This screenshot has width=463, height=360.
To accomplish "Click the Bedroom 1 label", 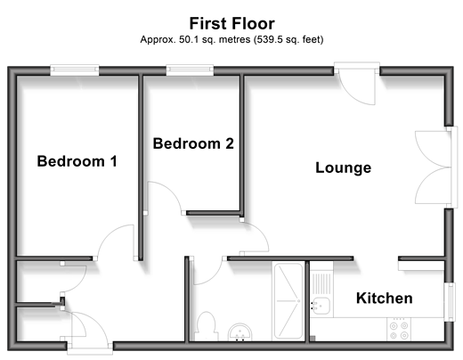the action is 77,161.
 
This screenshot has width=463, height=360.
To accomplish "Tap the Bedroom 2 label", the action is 193,143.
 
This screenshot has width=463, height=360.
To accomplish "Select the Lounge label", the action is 343,168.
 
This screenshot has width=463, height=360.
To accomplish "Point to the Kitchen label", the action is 385,298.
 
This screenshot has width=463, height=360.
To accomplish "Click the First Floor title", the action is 232,23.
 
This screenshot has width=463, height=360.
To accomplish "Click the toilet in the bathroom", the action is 207,326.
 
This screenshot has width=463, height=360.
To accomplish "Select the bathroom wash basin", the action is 240,331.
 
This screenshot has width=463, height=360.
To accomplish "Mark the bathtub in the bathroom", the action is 288,300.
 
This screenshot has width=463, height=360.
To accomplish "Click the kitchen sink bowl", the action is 321,307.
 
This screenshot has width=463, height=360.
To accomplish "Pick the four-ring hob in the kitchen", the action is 399,329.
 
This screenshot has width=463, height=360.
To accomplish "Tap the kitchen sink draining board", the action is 321,282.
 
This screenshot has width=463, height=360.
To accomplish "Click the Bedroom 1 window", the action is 75,70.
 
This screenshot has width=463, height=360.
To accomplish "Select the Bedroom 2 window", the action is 190,70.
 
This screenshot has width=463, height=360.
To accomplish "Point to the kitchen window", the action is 450,302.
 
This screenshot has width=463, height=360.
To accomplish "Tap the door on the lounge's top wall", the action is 357,83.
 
